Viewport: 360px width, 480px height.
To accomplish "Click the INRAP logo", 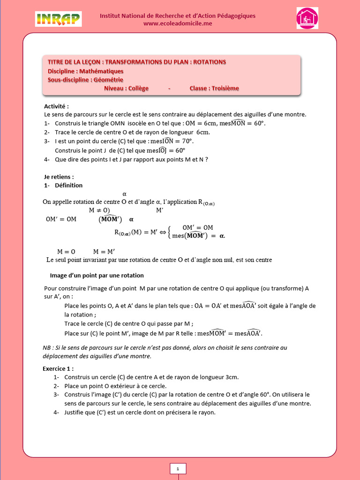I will coord(58,19).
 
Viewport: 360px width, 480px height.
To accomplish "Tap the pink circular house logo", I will coord(307,18).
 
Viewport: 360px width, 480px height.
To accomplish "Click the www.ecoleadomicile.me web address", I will coord(177,24).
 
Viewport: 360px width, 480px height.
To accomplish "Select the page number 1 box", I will coord(178,468).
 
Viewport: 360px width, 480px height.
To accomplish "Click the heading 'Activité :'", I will coord(57,106).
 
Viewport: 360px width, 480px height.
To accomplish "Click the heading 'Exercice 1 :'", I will coord(58,368).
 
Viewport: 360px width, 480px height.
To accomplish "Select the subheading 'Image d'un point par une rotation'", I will coord(97,275).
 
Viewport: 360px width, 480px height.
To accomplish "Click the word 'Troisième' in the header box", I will coord(225,88).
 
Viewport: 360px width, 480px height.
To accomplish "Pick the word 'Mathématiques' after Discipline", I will coord(101,71).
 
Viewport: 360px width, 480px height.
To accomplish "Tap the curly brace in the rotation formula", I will coord(170,232).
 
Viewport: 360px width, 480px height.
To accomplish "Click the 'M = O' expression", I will coord(66,251).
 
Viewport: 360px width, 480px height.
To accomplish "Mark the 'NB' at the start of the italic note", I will coord(46,347).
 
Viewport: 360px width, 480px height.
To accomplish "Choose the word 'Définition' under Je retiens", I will coord(68,185).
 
